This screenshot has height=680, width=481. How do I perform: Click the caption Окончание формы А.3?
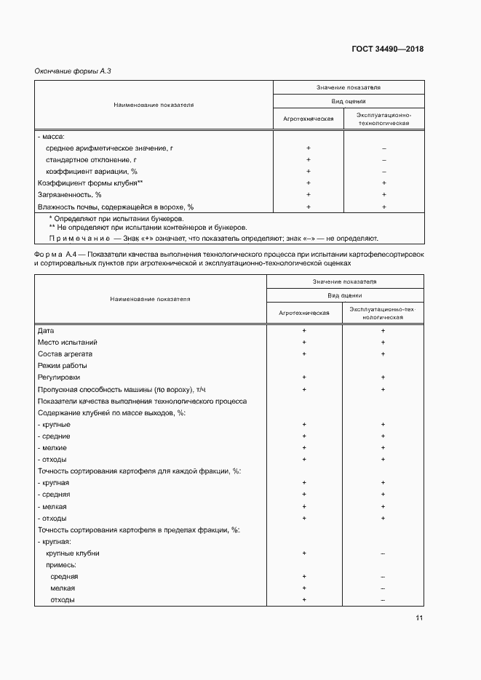point(72,71)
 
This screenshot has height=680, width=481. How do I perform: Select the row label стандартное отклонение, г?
point(91,160)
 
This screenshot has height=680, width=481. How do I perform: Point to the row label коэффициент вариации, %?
point(91,172)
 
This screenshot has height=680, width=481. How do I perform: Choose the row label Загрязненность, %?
point(69,195)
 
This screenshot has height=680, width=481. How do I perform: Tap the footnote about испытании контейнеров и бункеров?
point(148,227)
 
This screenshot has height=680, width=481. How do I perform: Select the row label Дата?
point(45,330)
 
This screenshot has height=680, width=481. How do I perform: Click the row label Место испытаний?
point(67,342)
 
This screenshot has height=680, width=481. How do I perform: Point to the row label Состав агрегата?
point(66,353)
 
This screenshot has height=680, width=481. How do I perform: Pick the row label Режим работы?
point(62,366)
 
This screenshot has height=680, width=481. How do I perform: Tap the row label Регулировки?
point(59,377)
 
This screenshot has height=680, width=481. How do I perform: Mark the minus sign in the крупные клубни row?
point(382,553)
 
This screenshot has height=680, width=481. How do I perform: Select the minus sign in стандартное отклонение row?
point(383,160)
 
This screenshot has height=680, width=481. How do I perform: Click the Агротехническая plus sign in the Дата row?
point(304,330)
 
